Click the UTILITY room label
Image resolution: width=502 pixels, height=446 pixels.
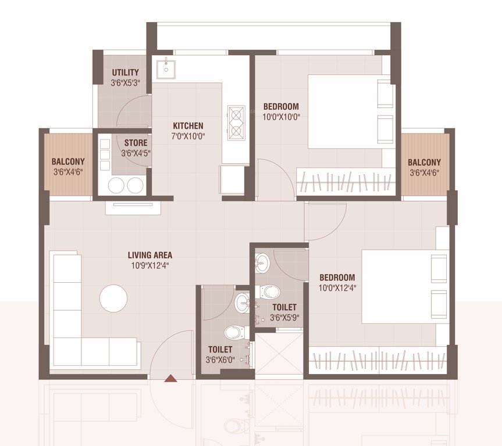(125, 73)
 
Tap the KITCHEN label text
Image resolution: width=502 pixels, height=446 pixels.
(188, 125)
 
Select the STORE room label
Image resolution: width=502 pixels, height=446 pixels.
(135, 143)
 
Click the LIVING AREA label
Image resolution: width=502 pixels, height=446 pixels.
(150, 255)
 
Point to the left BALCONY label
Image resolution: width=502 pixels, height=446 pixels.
(68, 161)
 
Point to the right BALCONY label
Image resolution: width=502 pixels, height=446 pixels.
(424, 162)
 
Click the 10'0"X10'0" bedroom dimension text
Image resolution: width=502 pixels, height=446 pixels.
(281, 117)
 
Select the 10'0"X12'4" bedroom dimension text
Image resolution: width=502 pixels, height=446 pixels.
(337, 287)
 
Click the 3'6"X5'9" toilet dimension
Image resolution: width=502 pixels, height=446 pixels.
(284, 318)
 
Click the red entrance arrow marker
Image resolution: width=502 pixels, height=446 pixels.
(170, 379)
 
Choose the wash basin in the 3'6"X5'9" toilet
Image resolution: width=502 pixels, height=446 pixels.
(262, 264)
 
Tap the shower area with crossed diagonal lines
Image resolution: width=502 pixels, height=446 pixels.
(279, 353)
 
